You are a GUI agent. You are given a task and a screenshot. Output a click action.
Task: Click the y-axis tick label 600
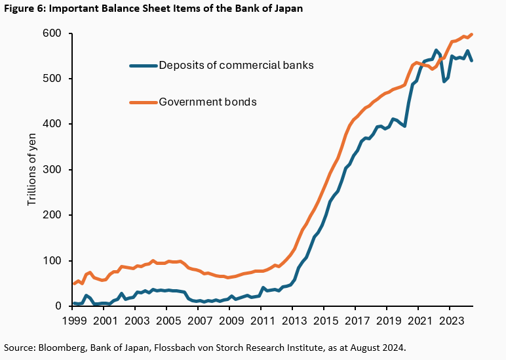pos(52,33)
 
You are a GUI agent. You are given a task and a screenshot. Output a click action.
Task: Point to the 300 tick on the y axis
pos(52,170)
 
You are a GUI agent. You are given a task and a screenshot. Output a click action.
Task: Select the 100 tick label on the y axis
pos(52,261)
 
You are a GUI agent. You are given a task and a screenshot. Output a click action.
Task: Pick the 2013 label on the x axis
pos(292,321)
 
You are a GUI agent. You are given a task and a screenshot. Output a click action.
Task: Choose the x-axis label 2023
pos(448,321)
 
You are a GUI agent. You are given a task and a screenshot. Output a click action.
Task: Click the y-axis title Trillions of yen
pos(32,170)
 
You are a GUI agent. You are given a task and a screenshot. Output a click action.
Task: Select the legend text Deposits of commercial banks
pos(237,65)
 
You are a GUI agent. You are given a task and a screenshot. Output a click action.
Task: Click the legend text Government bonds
pos(208,102)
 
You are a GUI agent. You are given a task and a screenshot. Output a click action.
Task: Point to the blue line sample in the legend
pos(144,65)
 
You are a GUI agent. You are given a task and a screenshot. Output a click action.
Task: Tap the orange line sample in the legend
pos(144,102)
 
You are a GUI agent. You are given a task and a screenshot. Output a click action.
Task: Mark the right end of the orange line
pos(473,34)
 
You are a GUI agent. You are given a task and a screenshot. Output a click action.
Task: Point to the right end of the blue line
pos(473,60)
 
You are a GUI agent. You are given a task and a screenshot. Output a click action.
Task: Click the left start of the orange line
pos(73,284)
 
